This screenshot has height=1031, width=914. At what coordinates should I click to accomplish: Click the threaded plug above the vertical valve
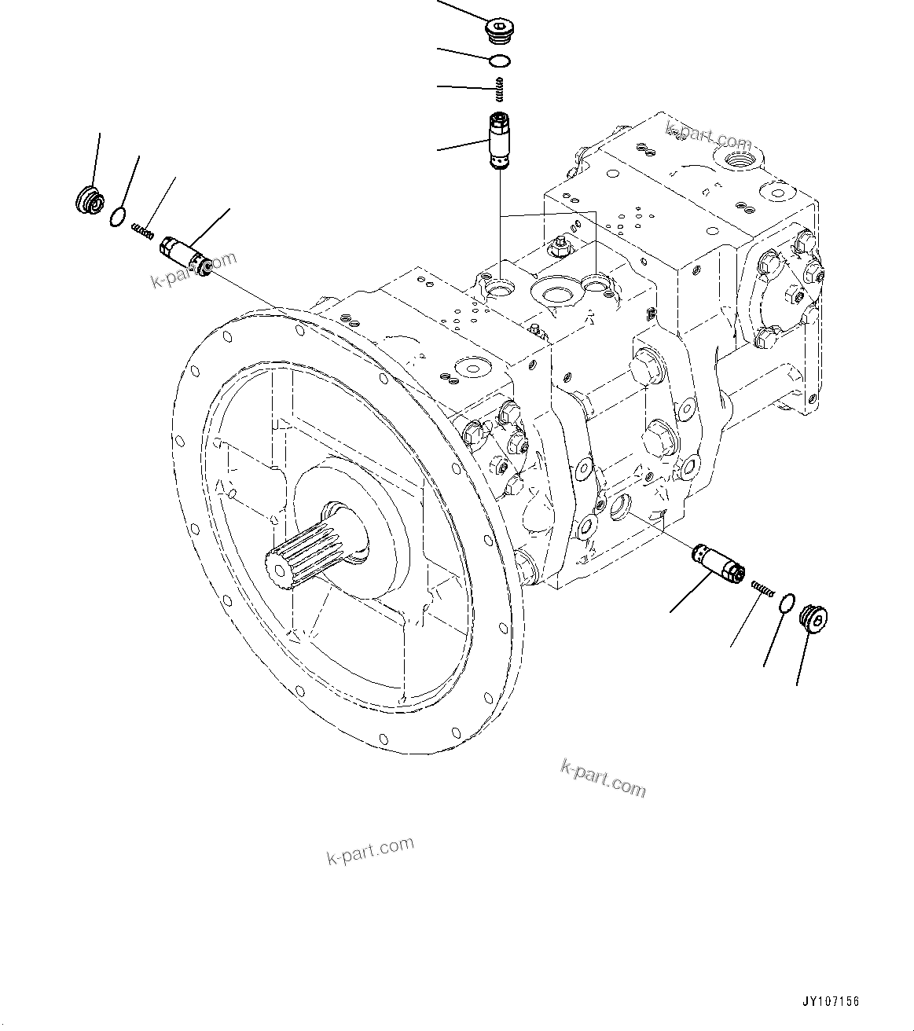(497, 32)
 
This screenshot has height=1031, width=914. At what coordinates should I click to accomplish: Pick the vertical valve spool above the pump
(499, 141)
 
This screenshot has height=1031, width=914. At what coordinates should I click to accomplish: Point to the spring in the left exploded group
(142, 232)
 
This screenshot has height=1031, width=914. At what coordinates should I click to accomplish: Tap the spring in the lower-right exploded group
(762, 586)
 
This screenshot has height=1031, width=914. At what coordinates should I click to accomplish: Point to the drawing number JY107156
(831, 1002)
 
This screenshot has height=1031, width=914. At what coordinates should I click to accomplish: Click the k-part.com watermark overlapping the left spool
(193, 270)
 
